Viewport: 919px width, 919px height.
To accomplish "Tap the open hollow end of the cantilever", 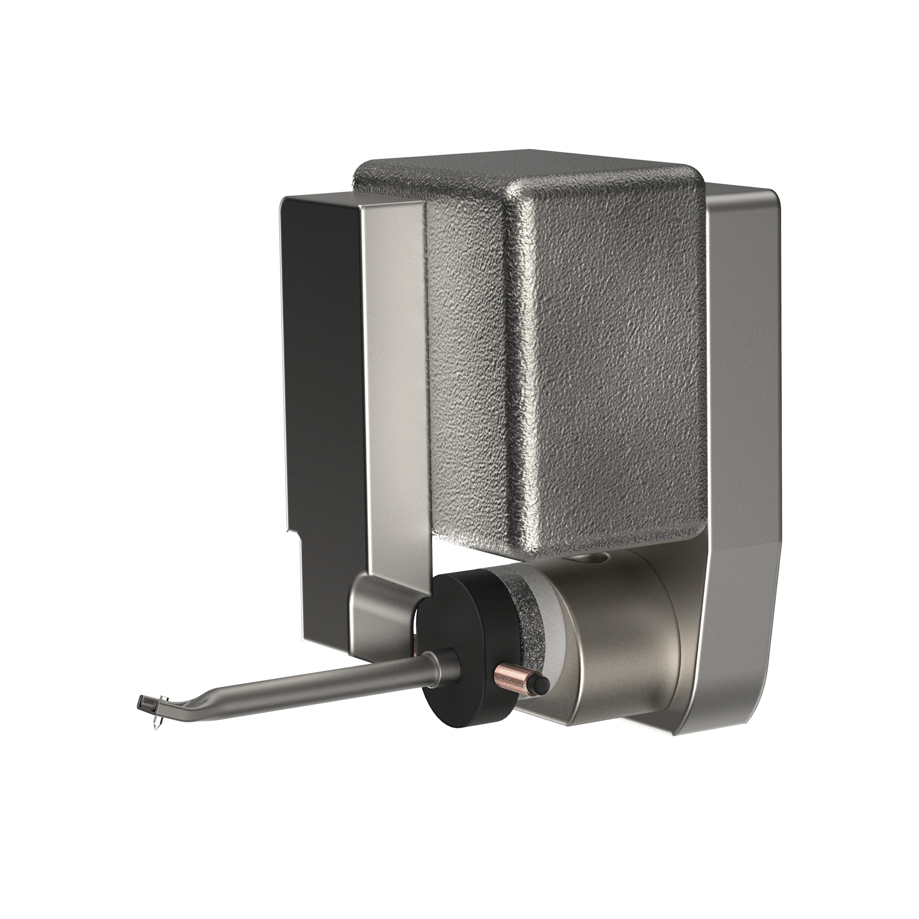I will [141, 702].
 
